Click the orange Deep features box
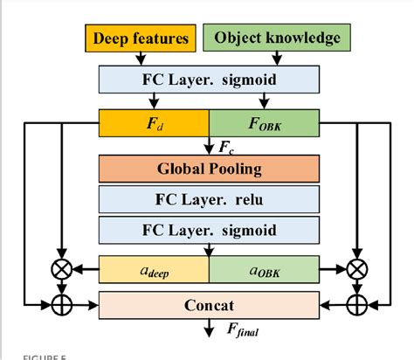(x=141, y=38)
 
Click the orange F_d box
(x=154, y=122)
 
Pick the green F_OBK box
(x=265, y=122)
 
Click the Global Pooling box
(x=209, y=169)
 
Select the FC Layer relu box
(x=209, y=199)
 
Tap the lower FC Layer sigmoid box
(x=209, y=231)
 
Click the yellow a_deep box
(x=154, y=270)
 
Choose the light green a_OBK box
(x=265, y=270)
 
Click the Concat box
(x=209, y=306)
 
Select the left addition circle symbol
(x=59, y=306)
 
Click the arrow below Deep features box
(x=141, y=58)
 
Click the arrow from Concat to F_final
(x=209, y=328)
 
